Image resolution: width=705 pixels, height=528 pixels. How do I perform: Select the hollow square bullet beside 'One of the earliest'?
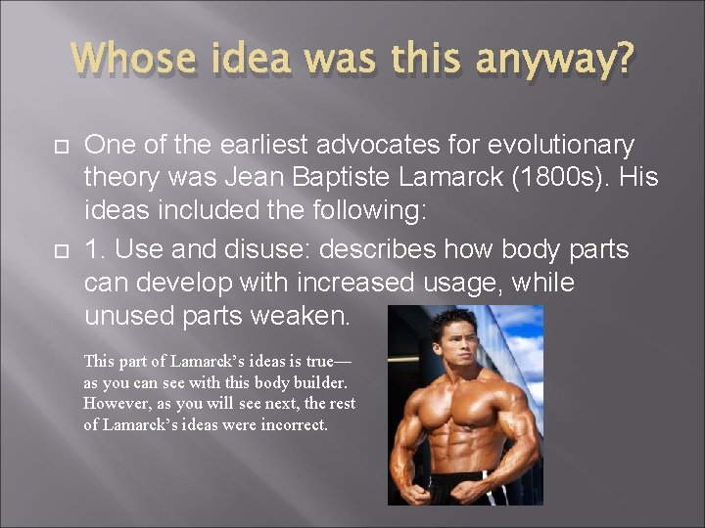click(x=59, y=147)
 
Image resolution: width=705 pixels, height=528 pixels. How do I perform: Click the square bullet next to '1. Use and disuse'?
click(x=59, y=249)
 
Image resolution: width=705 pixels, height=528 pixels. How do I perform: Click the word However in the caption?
click(x=115, y=404)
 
